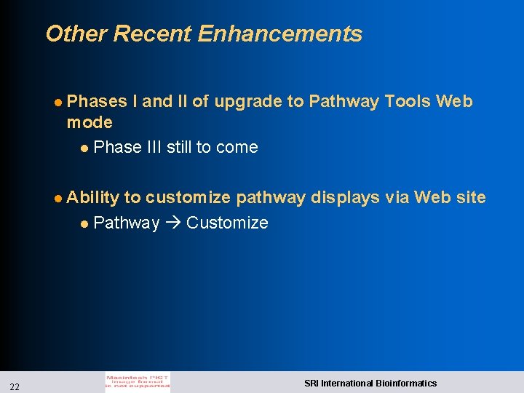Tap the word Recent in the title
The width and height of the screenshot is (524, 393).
click(x=153, y=34)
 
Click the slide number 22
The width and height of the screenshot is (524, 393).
click(x=15, y=385)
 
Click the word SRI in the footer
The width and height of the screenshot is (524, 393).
click(x=311, y=383)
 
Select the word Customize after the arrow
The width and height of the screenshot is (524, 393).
click(x=227, y=223)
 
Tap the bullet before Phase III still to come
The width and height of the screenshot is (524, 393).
click(x=85, y=148)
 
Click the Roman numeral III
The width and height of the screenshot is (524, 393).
click(x=154, y=147)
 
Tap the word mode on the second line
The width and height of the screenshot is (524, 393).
click(x=90, y=122)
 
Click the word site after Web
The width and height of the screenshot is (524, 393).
click(x=471, y=198)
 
